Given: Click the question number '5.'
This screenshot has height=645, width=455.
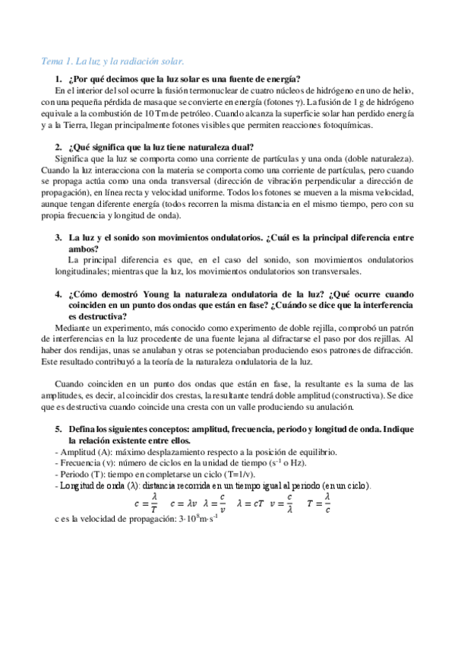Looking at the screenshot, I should pyautogui.click(x=58, y=430).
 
